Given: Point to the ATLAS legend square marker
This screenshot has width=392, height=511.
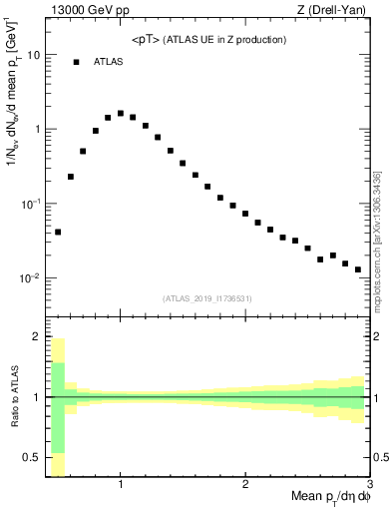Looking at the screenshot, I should click(x=76, y=62).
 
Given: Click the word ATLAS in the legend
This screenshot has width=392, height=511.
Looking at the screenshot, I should click(x=109, y=62).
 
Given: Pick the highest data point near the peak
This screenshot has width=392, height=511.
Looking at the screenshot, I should click(x=121, y=113).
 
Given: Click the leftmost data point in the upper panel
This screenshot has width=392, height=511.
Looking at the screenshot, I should click(x=58, y=232).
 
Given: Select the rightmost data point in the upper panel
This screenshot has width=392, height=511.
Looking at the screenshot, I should click(x=358, y=269).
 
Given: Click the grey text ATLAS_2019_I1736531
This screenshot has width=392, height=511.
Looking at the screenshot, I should click(x=207, y=297).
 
